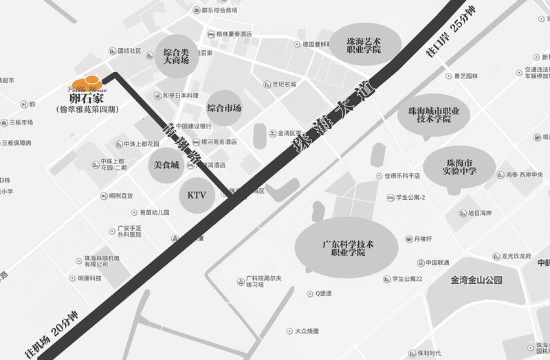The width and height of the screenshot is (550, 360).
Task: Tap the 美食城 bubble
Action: [166, 165]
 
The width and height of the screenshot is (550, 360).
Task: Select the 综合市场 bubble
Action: [224, 109]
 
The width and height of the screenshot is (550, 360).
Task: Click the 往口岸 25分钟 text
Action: [450, 32]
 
